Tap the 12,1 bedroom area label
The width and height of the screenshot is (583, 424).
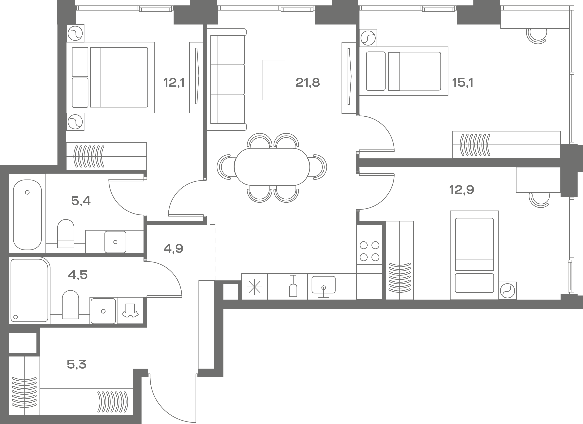coord(174,83)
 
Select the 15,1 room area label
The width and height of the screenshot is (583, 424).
coord(462,83)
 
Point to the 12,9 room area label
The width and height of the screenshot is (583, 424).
coord(462,190)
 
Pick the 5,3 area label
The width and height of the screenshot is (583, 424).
coord(77,364)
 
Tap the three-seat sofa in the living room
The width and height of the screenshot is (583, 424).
coord(227,80)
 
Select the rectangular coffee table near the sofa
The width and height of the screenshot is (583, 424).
coord(274,80)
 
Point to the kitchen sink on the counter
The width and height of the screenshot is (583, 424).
coord(323,285)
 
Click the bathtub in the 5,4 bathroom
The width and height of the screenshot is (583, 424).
coord(27,215)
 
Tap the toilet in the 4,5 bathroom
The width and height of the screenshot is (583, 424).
coord(70,305)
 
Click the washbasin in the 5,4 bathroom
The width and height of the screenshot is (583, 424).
coord(115,242)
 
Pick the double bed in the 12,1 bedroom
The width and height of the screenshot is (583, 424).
coord(110,77)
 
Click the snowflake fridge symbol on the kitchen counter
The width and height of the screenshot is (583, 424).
coord(254,287)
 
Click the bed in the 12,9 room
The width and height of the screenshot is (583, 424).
coord(474,255)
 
